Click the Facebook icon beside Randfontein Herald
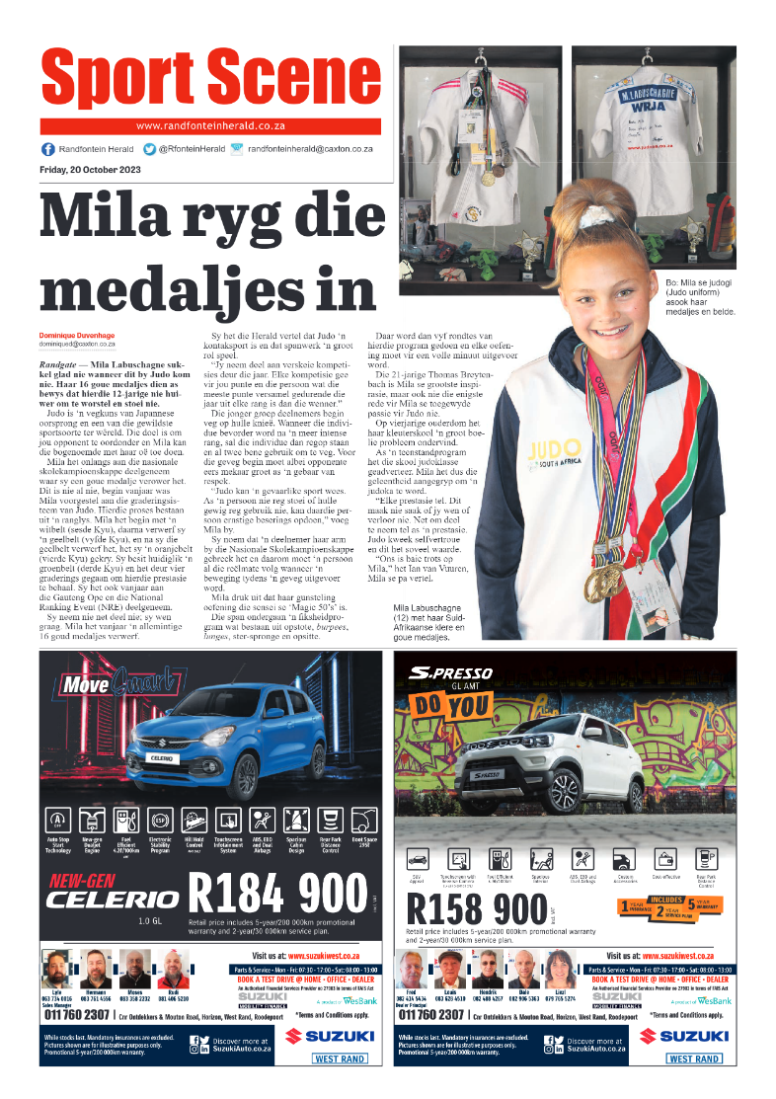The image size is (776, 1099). [47, 149]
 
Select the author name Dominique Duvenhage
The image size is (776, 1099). [77, 336]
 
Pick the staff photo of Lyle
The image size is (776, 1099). [56, 970]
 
